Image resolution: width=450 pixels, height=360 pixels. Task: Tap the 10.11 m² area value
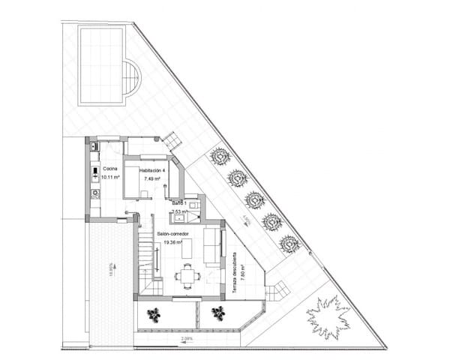pyautogui.click(x=111, y=179)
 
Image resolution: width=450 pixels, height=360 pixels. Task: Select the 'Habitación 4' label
pyautogui.click(x=152, y=171)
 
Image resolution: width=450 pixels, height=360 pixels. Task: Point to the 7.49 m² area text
pyautogui.click(x=152, y=179)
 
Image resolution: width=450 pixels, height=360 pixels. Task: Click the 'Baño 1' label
pyautogui.click(x=179, y=203)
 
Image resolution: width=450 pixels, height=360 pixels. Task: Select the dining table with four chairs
pyautogui.click(x=187, y=276)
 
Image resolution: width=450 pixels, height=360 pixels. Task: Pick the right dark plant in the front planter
pyautogui.click(x=218, y=313)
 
